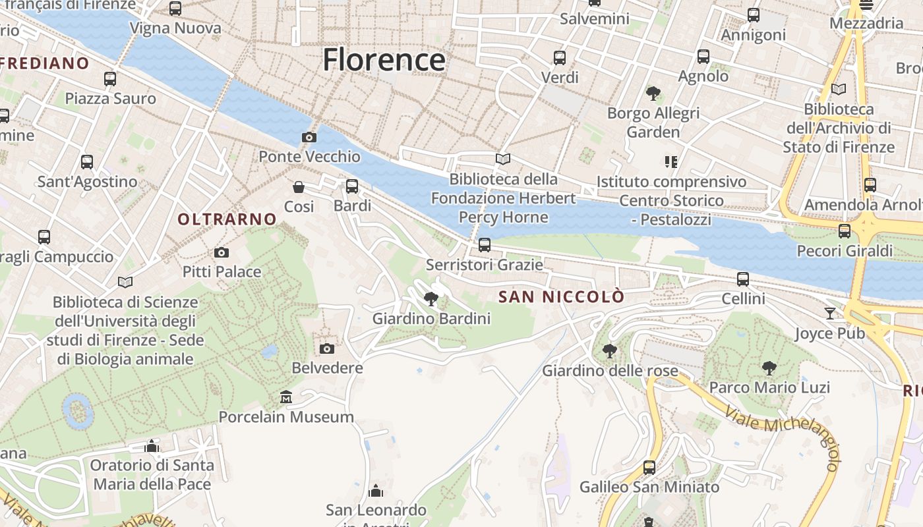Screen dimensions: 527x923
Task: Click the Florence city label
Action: click(384, 60)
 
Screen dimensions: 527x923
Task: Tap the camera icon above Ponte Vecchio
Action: click(309, 137)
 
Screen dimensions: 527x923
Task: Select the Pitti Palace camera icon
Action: click(222, 252)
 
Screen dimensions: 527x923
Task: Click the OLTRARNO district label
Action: click(227, 219)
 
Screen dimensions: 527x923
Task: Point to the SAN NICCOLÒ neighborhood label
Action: click(561, 297)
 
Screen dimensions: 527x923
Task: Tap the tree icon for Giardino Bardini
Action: click(431, 299)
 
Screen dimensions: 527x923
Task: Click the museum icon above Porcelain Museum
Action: click(286, 397)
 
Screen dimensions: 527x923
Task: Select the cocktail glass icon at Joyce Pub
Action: click(830, 314)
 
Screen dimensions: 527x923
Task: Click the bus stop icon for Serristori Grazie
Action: click(485, 245)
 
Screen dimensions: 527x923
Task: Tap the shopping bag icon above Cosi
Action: click(299, 187)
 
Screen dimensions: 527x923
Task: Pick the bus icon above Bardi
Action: click(352, 186)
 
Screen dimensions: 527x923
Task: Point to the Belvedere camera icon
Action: click(327, 348)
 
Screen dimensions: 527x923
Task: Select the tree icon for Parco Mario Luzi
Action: click(769, 368)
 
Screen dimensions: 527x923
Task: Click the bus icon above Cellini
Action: click(743, 279)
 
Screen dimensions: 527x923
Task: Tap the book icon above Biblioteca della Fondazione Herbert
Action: click(503, 159)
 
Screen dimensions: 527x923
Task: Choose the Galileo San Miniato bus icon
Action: click(649, 468)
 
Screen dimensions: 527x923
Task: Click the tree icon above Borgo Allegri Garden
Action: click(653, 94)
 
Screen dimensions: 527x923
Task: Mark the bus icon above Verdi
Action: click(560, 58)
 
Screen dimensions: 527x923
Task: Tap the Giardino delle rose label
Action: click(610, 371)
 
